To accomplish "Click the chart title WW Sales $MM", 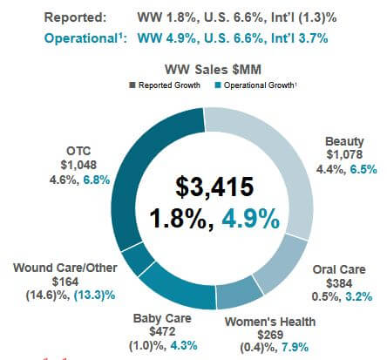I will click(204, 69).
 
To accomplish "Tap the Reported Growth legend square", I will click(132, 85).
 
